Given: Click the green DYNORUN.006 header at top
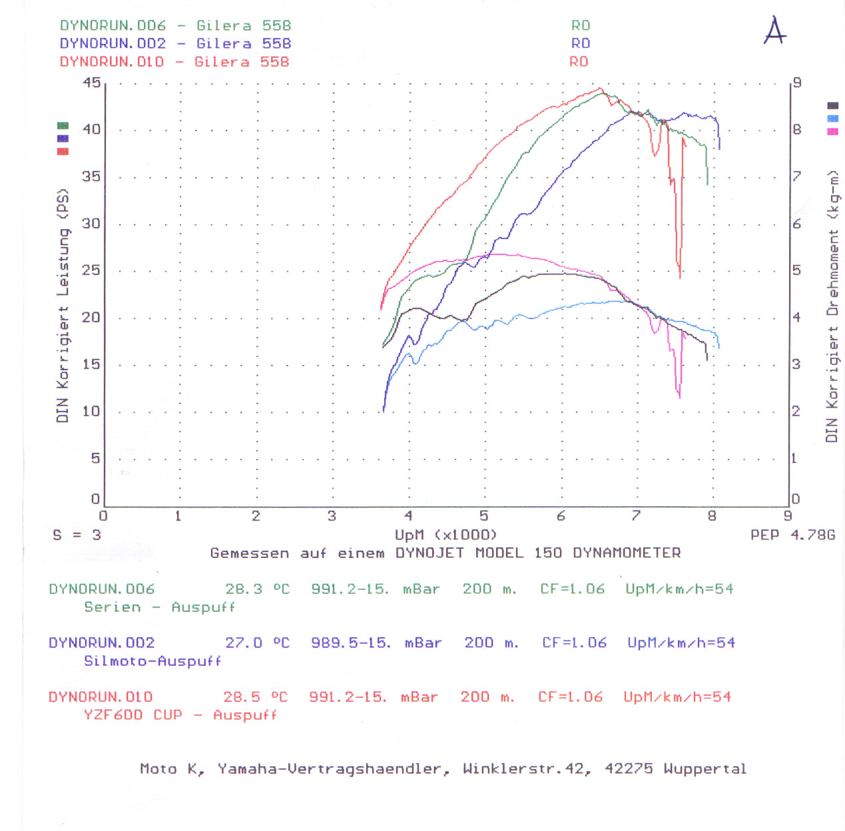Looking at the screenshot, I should click(113, 25).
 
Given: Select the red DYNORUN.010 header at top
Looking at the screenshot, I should click(112, 62).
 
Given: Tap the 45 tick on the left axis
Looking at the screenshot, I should click(91, 83).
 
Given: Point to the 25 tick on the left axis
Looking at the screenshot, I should click(91, 270).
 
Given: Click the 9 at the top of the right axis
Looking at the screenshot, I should click(796, 83).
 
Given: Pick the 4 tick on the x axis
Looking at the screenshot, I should click(408, 515).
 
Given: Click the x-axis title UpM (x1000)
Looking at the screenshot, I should click(445, 535).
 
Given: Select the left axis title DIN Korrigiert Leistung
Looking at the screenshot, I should click(63, 306).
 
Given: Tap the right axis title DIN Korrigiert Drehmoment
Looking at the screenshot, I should click(832, 306).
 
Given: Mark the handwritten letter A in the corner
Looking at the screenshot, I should click(774, 31).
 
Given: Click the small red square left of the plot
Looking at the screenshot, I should click(63, 152).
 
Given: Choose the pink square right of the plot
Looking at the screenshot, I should click(832, 132).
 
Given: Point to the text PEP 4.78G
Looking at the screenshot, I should click(792, 535).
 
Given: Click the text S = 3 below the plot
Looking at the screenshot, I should click(77, 535).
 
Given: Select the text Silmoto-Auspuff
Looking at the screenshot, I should click(152, 661).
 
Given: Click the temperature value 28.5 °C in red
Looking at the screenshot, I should click(256, 697).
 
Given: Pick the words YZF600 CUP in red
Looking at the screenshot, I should click(133, 715).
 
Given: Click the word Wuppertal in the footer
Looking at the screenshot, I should click(704, 769).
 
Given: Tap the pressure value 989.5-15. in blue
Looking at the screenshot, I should click(350, 643).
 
